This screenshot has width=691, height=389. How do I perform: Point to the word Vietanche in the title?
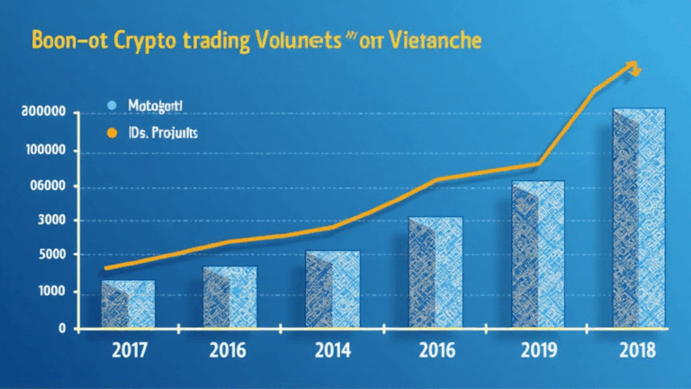tap(437, 41)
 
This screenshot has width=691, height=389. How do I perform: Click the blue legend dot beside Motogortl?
tap(112, 105)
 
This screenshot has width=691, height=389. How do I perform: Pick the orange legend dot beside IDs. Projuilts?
tap(112, 132)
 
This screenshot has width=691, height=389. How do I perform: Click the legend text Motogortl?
tap(155, 105)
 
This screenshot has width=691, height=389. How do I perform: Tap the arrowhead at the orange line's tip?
tap(633, 67)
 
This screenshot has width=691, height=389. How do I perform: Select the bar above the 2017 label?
tap(128, 303)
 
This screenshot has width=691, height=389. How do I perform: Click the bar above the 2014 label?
tap(333, 288)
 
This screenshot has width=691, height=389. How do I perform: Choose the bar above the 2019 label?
tap(538, 253)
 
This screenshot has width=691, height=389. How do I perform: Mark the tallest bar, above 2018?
tap(640, 216)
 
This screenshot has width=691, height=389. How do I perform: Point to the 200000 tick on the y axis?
tap(41, 113)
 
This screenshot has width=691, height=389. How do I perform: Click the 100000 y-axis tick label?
tap(41, 149)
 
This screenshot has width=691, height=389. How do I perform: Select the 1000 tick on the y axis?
tap(51, 292)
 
